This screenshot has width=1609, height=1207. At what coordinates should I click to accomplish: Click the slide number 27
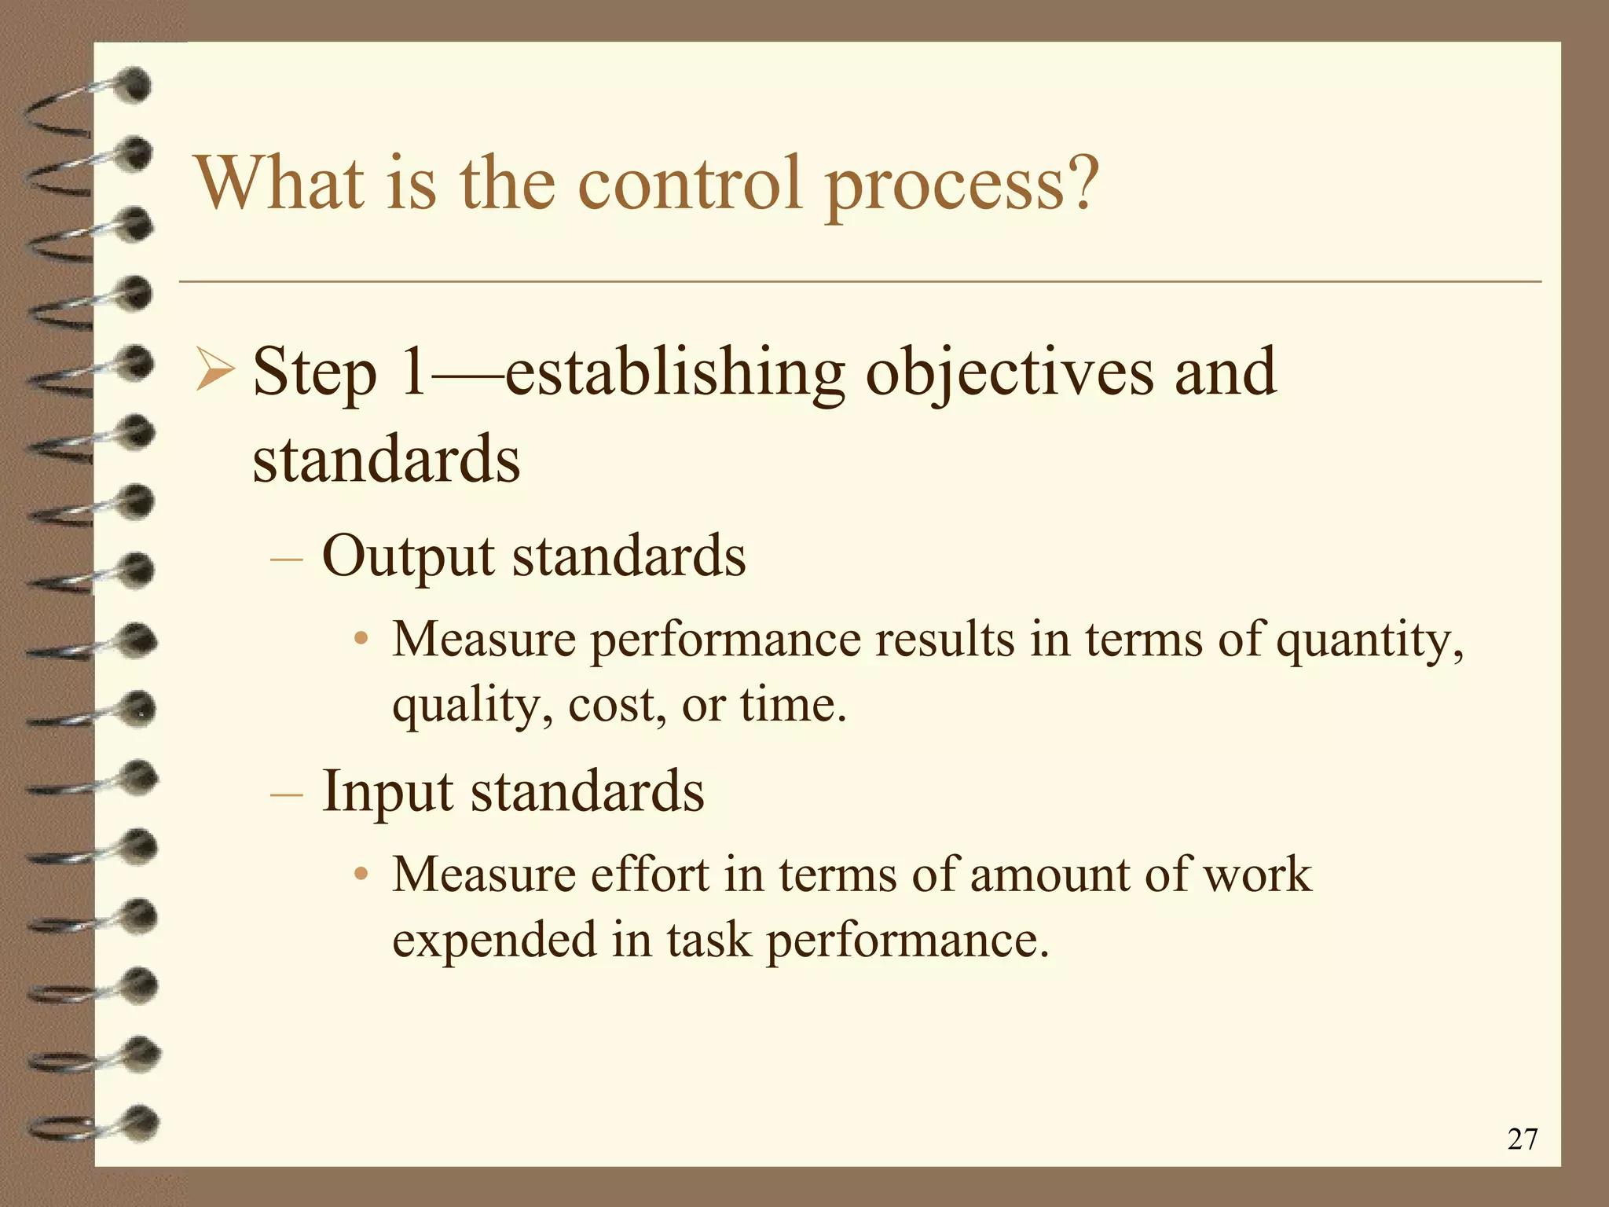click(1522, 1139)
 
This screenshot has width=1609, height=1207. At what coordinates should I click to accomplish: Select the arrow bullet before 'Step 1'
click(213, 372)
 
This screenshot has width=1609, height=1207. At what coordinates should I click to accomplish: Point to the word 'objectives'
click(1010, 373)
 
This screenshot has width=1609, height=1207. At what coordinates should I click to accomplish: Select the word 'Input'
click(387, 791)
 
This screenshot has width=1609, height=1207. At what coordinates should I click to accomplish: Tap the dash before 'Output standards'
click(286, 559)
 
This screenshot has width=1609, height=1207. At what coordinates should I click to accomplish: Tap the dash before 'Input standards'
click(286, 794)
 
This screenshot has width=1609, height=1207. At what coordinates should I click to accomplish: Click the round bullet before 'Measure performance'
click(361, 638)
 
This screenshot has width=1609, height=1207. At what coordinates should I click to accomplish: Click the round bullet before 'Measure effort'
click(361, 874)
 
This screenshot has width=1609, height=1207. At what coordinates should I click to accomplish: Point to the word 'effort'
click(650, 874)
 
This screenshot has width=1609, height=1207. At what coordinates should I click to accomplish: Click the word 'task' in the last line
click(708, 940)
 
